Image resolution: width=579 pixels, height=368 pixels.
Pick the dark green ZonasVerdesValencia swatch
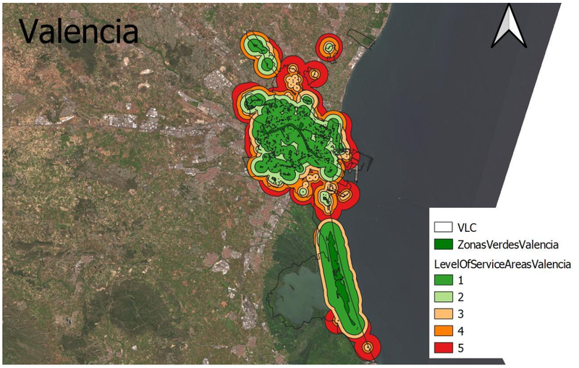[x=450, y=244]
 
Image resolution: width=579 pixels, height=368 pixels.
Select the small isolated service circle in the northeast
[x=329, y=49]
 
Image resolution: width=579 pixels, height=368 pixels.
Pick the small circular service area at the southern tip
[x=368, y=348]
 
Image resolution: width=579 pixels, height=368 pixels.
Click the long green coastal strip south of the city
[x=338, y=275]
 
